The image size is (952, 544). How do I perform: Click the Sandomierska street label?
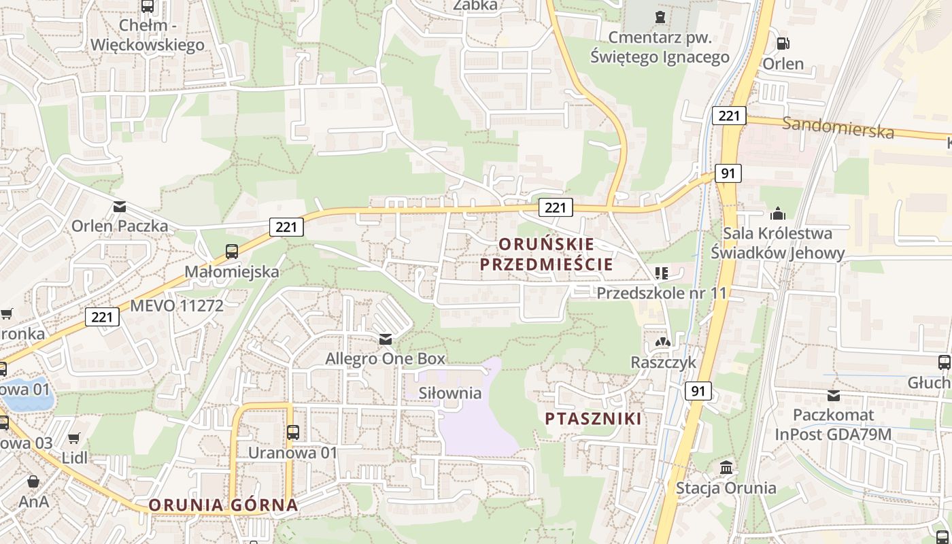tap(837, 126)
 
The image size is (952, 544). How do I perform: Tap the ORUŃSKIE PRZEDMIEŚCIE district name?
tap(547, 254)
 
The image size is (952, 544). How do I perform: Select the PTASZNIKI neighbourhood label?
tap(594, 418)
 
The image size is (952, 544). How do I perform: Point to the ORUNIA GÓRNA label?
tap(223, 505)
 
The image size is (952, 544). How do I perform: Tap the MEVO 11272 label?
tap(176, 305)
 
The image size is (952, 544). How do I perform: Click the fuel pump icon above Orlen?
tap(783, 44)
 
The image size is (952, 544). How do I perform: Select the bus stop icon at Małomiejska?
tap(232, 252)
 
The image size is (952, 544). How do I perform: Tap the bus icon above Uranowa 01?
tap(293, 432)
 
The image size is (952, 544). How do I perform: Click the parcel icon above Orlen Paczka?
tap(120, 206)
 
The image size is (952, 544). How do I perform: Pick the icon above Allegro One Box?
tap(386, 339)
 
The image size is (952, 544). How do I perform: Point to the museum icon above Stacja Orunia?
tap(726, 468)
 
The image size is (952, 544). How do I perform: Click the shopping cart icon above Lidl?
tap(74, 438)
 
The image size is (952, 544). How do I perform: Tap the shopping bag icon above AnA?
tap(33, 482)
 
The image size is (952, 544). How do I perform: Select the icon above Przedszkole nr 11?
tap(662, 273)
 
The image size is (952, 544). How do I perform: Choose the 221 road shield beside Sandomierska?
tap(728, 116)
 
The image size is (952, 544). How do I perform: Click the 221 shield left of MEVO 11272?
tap(102, 316)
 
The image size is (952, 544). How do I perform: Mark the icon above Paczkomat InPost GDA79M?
tap(834, 395)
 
